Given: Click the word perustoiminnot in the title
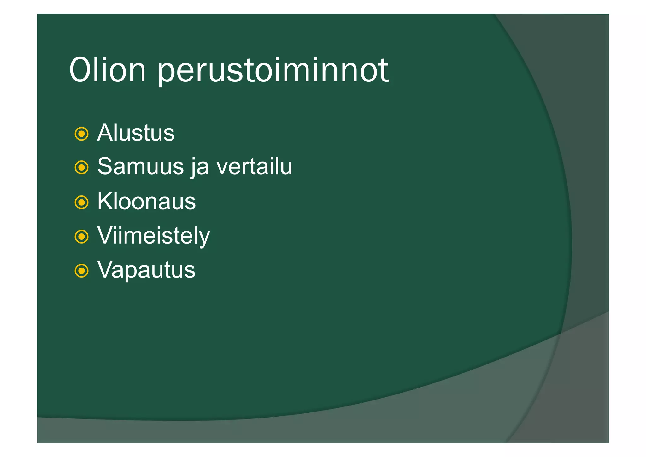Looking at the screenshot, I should (273, 71).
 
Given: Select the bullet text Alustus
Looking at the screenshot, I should (136, 133).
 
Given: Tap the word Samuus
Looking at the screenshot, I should (140, 166).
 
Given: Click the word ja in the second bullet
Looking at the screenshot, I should (200, 167).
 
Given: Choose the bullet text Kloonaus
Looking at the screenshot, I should (146, 201).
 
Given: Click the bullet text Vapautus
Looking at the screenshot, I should (146, 270).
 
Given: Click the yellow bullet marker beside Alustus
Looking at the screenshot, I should (81, 134).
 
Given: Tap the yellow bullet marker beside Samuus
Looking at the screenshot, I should (81, 168).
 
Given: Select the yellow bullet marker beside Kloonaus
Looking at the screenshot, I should (81, 202).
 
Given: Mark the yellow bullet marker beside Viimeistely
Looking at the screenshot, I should (81, 236).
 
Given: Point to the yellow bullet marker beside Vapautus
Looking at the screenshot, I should (81, 271).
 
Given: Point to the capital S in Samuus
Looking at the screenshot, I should (105, 166).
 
